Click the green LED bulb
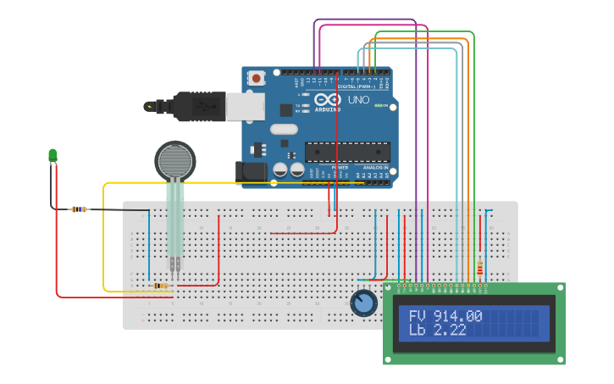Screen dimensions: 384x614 (53, 154)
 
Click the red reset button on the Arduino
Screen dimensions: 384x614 (257, 77)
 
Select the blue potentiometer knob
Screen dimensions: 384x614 (363, 303)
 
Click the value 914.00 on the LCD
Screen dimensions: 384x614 (457, 316)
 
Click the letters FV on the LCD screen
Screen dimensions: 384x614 (418, 316)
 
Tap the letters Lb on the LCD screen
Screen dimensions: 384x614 (418, 331)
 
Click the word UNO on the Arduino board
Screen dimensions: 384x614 (359, 99)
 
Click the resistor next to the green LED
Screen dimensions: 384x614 (80, 209)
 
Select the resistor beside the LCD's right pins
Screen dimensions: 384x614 (481, 269)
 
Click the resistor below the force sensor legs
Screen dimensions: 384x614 (160, 286)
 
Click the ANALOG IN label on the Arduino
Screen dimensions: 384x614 (375, 168)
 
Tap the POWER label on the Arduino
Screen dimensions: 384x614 (339, 168)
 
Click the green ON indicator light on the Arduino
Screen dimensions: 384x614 (382, 106)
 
